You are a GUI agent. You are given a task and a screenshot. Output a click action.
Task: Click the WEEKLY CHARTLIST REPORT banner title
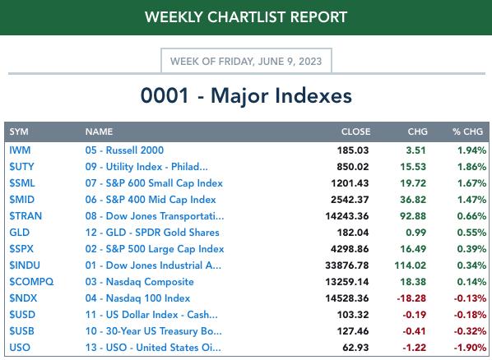(x=246, y=17)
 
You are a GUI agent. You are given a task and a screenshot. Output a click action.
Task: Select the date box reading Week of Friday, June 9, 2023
(x=246, y=61)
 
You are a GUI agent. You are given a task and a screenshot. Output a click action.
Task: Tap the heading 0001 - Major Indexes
(x=246, y=95)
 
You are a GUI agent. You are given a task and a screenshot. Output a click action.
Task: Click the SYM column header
(x=19, y=132)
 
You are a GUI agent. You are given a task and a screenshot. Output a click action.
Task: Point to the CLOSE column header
(x=355, y=132)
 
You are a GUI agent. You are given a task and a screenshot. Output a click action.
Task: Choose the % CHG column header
(x=467, y=132)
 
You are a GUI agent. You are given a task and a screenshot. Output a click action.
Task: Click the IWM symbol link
(x=20, y=150)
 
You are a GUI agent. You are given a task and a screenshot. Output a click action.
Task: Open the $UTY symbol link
(x=21, y=167)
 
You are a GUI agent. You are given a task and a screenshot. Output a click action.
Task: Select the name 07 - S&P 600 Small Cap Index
(x=154, y=183)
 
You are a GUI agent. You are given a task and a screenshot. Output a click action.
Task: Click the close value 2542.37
(x=350, y=200)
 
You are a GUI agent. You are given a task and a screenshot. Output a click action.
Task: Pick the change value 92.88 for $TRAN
(x=413, y=216)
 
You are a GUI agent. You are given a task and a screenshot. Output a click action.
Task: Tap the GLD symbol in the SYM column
(x=20, y=233)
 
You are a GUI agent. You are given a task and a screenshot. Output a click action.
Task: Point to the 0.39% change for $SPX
(x=471, y=249)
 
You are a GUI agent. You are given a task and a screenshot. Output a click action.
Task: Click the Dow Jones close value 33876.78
(x=347, y=265)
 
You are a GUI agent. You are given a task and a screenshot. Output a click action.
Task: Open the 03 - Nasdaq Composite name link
(x=139, y=282)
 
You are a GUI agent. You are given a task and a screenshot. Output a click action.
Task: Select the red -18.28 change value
(x=411, y=298)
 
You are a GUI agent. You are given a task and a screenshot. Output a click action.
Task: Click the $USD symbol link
(x=22, y=315)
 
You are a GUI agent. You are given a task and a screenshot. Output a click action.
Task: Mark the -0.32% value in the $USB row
(x=470, y=331)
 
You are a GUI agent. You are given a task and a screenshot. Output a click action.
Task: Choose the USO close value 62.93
(x=355, y=348)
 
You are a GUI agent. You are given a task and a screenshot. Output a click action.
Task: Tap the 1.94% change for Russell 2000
(x=472, y=150)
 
